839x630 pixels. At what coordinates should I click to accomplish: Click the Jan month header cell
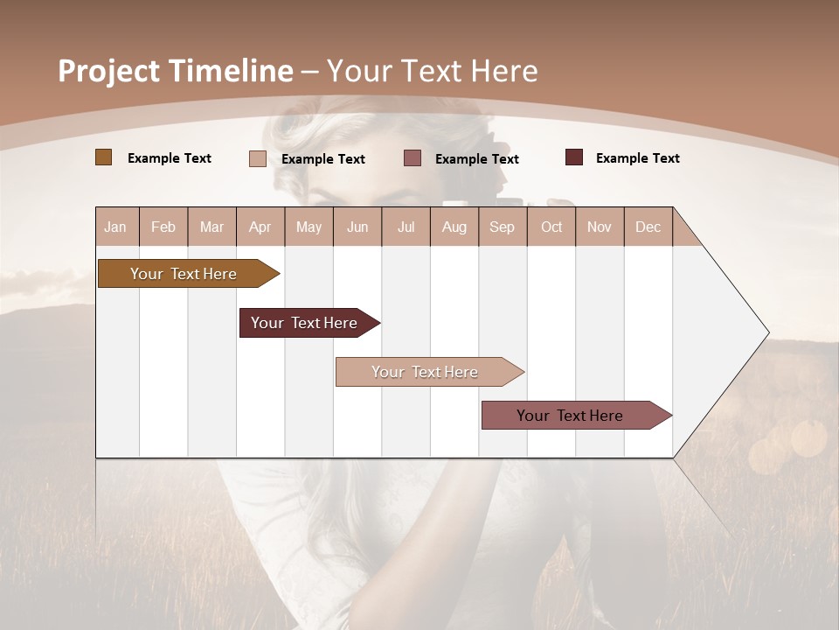pyautogui.click(x=116, y=227)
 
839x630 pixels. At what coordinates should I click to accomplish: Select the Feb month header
pyautogui.click(x=163, y=227)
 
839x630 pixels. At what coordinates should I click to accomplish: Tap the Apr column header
pyautogui.click(x=260, y=227)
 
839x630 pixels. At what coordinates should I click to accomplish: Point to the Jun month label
pyautogui.click(x=357, y=227)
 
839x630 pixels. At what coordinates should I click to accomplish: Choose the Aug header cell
pyautogui.click(x=454, y=227)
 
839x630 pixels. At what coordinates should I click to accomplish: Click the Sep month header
pyautogui.click(x=503, y=227)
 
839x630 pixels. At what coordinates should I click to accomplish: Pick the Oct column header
pyautogui.click(x=551, y=227)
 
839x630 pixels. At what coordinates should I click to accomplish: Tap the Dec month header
pyautogui.click(x=648, y=227)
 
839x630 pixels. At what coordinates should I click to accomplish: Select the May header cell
pyautogui.click(x=309, y=227)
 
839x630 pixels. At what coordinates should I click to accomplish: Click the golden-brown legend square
pyautogui.click(x=104, y=157)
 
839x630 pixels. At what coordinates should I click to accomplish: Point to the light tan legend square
pyautogui.click(x=258, y=158)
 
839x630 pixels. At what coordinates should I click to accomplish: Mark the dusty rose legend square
pyautogui.click(x=413, y=158)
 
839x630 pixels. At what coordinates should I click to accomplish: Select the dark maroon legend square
pyautogui.click(x=574, y=157)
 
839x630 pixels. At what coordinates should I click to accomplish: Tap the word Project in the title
pyautogui.click(x=107, y=71)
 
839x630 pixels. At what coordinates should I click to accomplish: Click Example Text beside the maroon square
pyautogui.click(x=637, y=157)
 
